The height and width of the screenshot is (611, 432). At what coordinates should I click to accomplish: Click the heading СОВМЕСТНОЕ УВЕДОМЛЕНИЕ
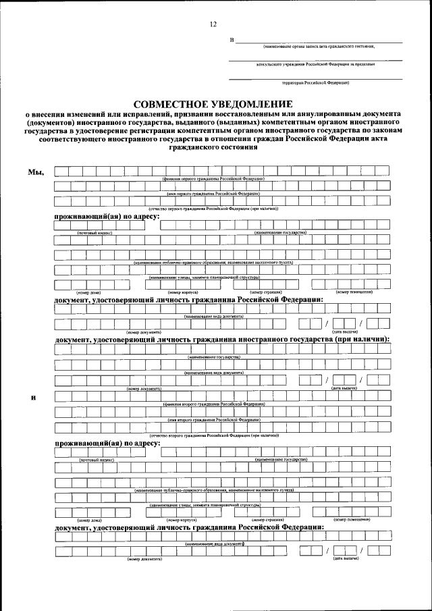(x=213, y=104)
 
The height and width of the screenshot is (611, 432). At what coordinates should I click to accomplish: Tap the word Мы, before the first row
(x=35, y=171)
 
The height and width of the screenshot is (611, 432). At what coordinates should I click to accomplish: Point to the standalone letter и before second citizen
(x=33, y=396)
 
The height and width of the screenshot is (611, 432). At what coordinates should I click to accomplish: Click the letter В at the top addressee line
(x=232, y=41)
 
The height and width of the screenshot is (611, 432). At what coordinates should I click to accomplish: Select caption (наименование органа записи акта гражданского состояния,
(x=319, y=47)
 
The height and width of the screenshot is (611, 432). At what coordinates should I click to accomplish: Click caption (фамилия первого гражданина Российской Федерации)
(x=213, y=178)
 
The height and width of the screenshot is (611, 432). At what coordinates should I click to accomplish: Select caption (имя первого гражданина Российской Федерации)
(x=213, y=193)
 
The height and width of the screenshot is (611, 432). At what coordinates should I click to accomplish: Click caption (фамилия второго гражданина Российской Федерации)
(x=213, y=404)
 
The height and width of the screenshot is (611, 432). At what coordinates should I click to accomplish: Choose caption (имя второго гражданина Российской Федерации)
(x=213, y=419)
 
